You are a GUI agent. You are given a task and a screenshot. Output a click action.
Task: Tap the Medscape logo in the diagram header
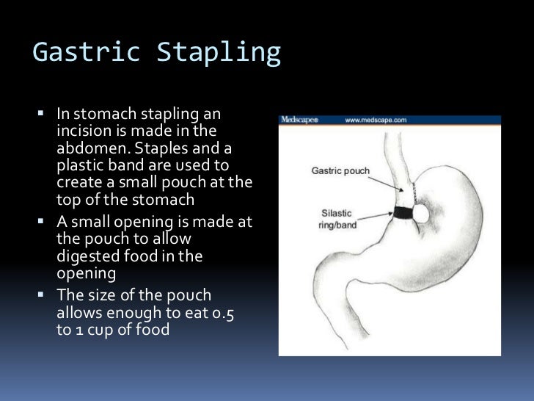point(299,120)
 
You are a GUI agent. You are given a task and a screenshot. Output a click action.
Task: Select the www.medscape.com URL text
point(376,120)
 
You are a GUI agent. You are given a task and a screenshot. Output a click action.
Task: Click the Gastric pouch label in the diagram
point(340,170)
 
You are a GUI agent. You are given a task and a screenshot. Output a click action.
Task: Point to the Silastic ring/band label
point(338,218)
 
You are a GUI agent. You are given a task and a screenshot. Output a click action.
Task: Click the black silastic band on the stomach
point(403,213)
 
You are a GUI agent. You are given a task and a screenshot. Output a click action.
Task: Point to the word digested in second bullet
point(84,256)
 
